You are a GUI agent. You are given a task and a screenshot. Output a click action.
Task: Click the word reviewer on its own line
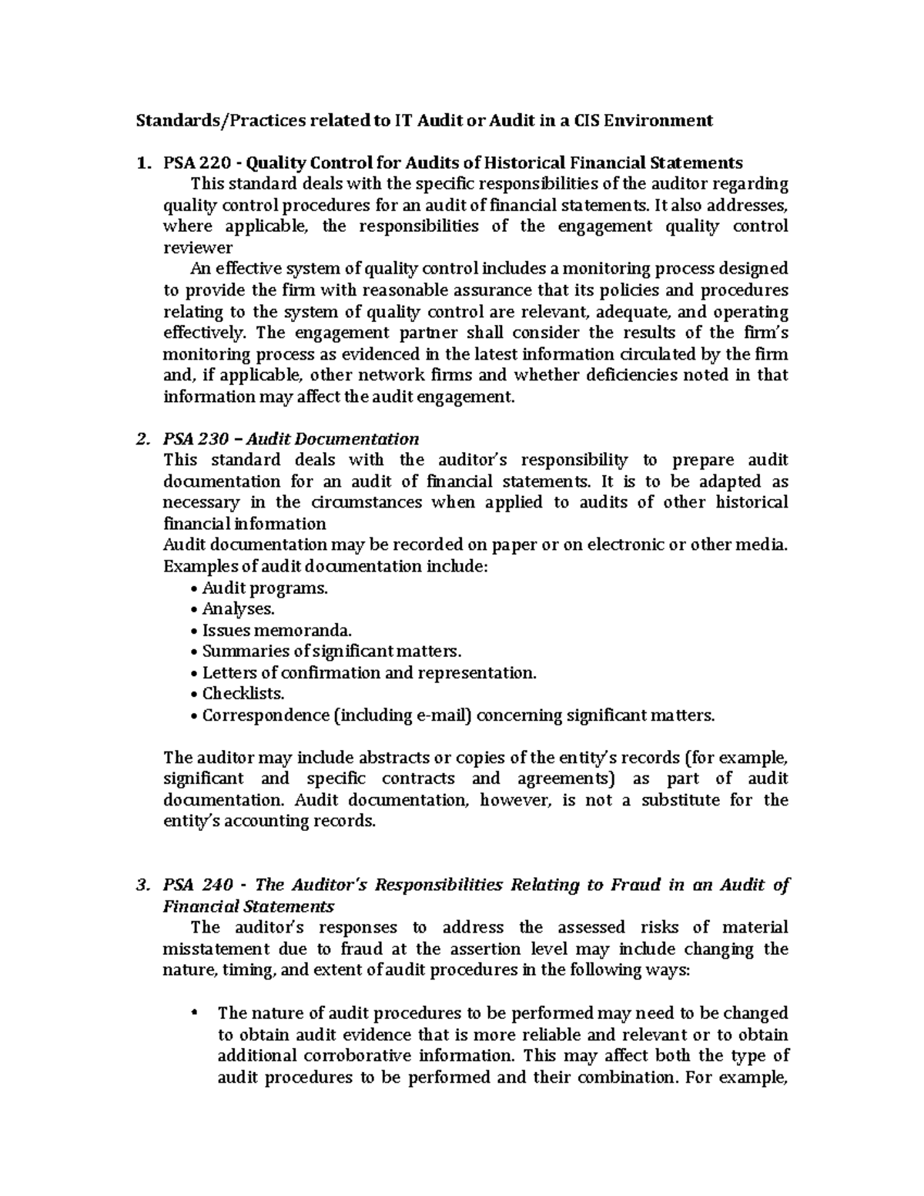click(x=198, y=248)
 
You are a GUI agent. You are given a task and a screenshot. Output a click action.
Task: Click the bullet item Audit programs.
click(x=264, y=588)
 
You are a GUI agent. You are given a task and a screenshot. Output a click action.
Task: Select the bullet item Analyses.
click(x=238, y=609)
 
